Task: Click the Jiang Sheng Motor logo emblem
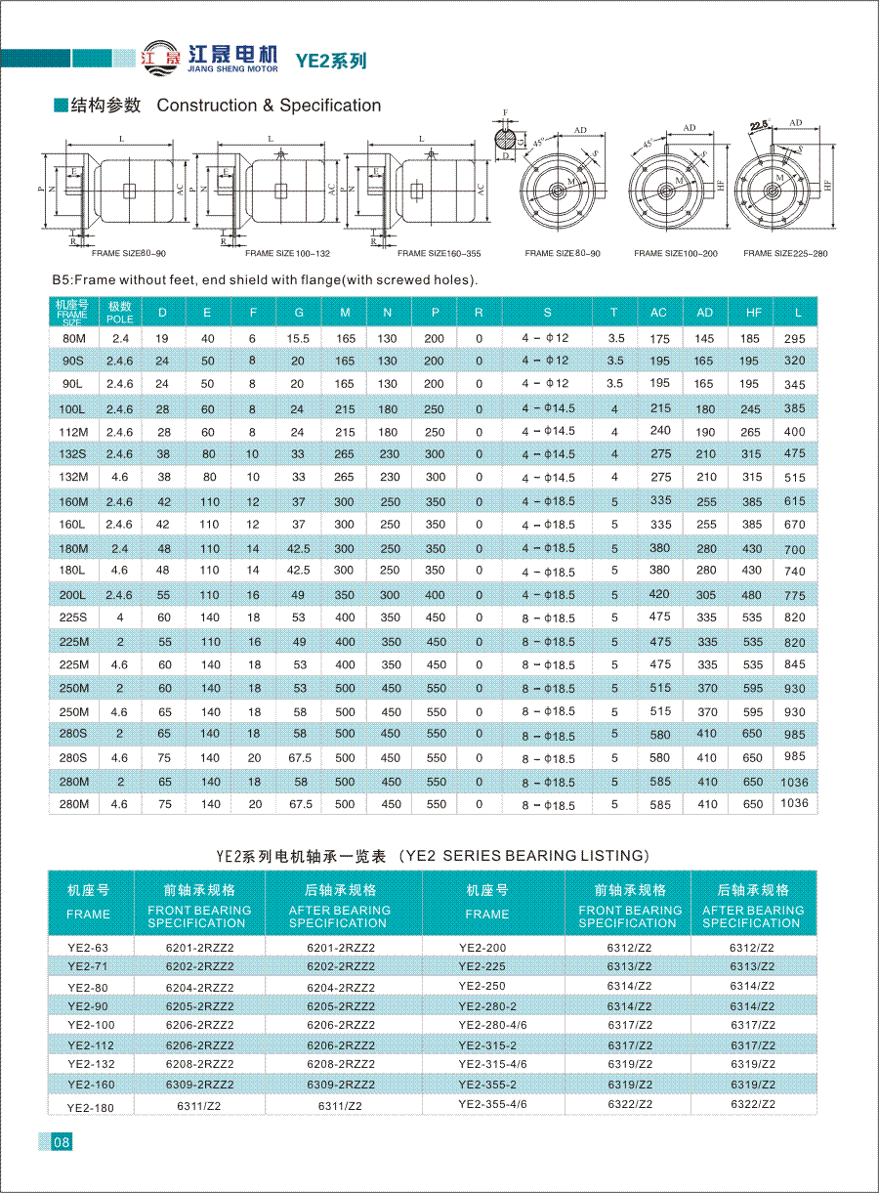[161, 56]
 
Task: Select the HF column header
[752, 313]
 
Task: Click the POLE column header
[119, 313]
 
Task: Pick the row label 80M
[73, 338]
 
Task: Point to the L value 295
[794, 338]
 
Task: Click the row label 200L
[73, 594]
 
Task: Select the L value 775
[794, 595]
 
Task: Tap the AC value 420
[659, 593]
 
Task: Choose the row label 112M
[73, 431]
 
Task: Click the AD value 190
[704, 431]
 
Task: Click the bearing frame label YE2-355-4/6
[492, 1103]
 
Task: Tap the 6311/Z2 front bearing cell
[198, 1105]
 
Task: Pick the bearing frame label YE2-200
[482, 947]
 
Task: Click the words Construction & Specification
[269, 106]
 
